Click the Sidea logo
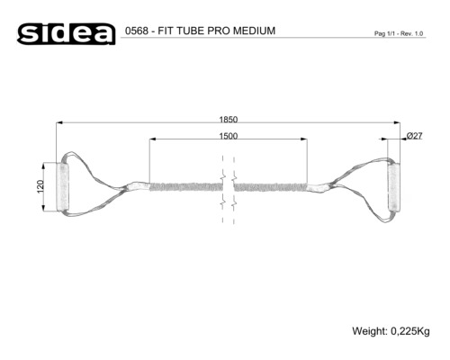pos(66,34)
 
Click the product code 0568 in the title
pos(137,31)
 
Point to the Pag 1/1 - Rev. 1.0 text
pos(399,33)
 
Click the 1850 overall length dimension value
pos(229,120)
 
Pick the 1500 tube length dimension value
pos(229,136)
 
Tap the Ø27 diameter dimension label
pos(415,136)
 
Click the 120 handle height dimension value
pos(40,186)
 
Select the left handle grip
pos(62,187)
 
